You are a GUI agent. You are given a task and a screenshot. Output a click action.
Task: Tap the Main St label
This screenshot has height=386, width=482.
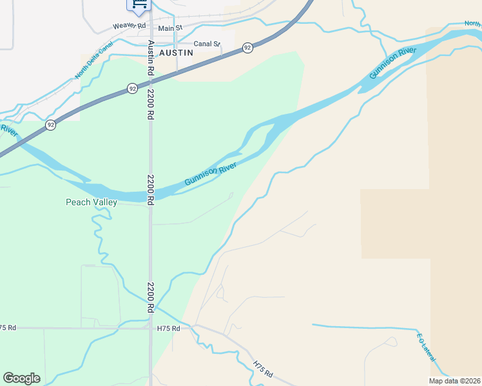point(170,28)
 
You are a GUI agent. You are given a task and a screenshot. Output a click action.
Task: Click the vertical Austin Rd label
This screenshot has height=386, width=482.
point(150,59)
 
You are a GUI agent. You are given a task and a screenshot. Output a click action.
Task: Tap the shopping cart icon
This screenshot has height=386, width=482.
point(139,4)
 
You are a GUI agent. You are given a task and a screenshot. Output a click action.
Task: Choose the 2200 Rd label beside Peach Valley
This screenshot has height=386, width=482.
point(150,190)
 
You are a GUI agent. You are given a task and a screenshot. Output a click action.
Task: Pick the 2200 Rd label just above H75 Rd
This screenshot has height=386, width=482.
point(150,297)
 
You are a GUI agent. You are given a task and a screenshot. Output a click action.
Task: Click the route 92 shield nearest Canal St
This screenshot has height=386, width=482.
point(247,48)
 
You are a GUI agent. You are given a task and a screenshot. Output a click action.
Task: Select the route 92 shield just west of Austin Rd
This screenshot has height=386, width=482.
point(132,88)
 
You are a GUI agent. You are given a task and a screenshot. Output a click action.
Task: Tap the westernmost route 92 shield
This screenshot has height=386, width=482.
point(51,125)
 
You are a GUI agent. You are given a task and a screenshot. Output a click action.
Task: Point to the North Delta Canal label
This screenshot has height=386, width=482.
point(93,60)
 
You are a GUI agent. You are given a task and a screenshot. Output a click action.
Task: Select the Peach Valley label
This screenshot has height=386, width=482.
point(92,202)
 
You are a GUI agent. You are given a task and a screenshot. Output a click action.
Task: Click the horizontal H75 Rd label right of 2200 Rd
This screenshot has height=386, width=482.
point(168,328)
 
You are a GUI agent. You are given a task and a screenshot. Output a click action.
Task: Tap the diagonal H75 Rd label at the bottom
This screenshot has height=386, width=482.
point(264,369)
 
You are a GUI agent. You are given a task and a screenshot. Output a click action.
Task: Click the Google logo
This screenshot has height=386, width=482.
point(21,378)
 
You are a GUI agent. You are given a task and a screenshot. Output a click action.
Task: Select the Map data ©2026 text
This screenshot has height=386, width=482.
point(454,381)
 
